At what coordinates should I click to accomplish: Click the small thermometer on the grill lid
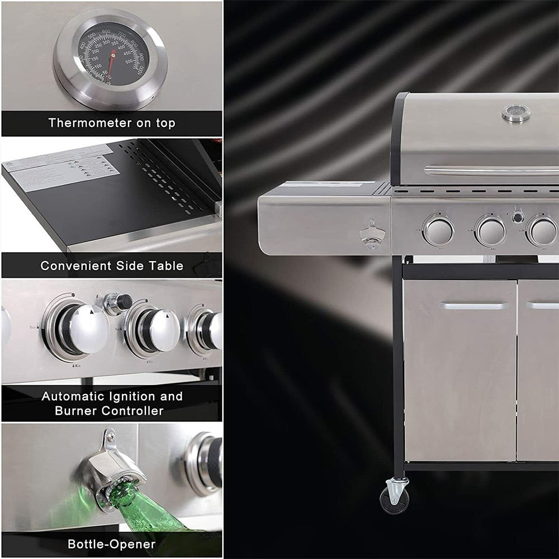[x=516, y=113]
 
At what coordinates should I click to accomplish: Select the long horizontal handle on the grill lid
[x=491, y=170]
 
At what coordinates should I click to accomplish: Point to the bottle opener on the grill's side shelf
[x=371, y=235]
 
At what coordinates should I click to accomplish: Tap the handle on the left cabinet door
[x=473, y=306]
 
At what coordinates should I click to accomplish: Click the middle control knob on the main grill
[x=490, y=230]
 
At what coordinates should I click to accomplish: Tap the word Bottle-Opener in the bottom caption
[x=112, y=544]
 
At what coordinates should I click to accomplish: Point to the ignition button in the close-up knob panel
[x=118, y=302]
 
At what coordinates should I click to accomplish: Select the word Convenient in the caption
[x=75, y=266]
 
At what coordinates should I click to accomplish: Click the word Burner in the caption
[x=77, y=411]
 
